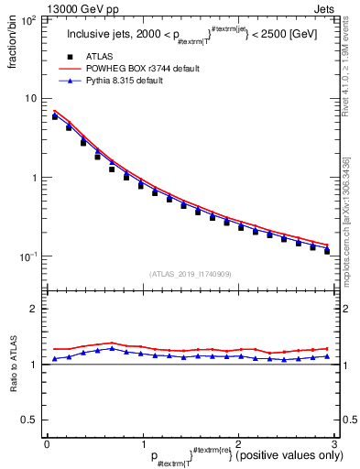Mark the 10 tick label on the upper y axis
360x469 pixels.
pyautogui.click(x=31, y=99)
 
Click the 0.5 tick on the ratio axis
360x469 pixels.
pyautogui.click(x=31, y=420)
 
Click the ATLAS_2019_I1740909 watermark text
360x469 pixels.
pyautogui.click(x=189, y=274)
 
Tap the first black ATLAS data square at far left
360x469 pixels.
pyautogui.click(x=55, y=116)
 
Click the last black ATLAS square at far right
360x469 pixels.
pyautogui.click(x=327, y=251)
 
